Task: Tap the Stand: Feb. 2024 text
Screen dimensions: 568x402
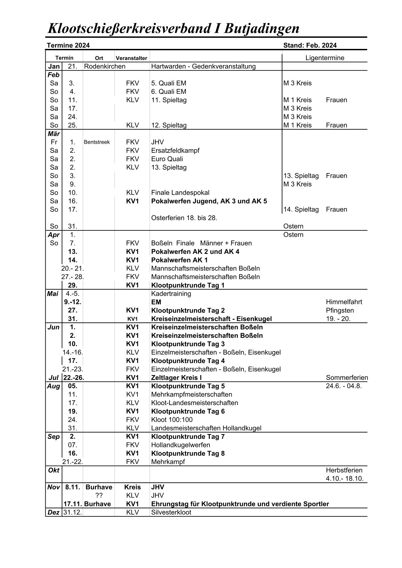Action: tap(310, 46)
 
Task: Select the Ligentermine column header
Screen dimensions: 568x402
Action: tap(325, 58)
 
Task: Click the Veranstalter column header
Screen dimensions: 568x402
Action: tap(131, 58)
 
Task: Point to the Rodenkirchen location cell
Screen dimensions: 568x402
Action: tap(105, 66)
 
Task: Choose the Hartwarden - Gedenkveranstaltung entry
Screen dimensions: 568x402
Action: tap(203, 66)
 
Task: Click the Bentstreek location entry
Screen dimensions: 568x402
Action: tap(97, 142)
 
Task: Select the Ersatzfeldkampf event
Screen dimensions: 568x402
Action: tap(175, 150)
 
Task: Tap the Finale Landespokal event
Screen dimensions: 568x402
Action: tap(180, 193)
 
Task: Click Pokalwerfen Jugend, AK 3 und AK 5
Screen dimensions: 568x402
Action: tap(209, 201)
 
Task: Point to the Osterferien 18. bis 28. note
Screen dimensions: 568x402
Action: tap(184, 218)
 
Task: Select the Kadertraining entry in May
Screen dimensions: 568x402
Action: tap(171, 294)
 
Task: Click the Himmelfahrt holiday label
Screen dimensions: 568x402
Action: tap(344, 302)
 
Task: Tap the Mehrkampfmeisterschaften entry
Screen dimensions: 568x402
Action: tap(192, 395)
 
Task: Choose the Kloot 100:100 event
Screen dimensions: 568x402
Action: tap(172, 420)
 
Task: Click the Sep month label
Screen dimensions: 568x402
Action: tap(54, 437)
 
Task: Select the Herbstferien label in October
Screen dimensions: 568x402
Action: tap(344, 470)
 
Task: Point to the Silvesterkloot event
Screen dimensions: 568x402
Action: tap(171, 512)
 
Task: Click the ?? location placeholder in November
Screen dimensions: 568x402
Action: tap(99, 495)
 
